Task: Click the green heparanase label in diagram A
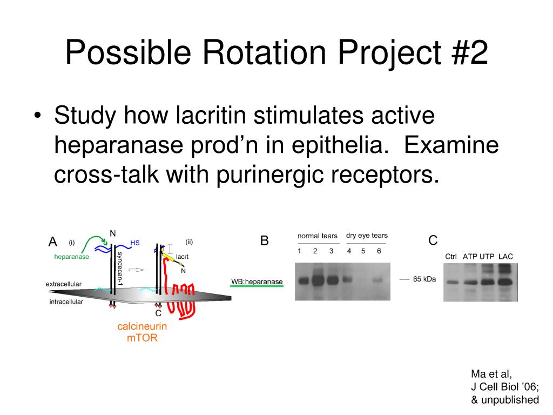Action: pyautogui.click(x=71, y=257)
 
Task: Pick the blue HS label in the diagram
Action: pyautogui.click(x=134, y=243)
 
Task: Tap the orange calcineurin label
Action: pyautogui.click(x=142, y=326)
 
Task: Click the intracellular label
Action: pyautogui.click(x=66, y=302)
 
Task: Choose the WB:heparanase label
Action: pyautogui.click(x=257, y=282)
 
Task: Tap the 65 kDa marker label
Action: pyautogui.click(x=424, y=279)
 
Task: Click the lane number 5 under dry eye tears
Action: pyautogui.click(x=363, y=251)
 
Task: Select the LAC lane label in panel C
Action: pyautogui.click(x=505, y=256)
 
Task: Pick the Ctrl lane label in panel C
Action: pyautogui.click(x=451, y=256)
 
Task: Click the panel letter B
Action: pyautogui.click(x=264, y=240)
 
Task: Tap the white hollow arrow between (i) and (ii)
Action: pyautogui.click(x=137, y=269)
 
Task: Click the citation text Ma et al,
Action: pyautogui.click(x=491, y=373)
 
